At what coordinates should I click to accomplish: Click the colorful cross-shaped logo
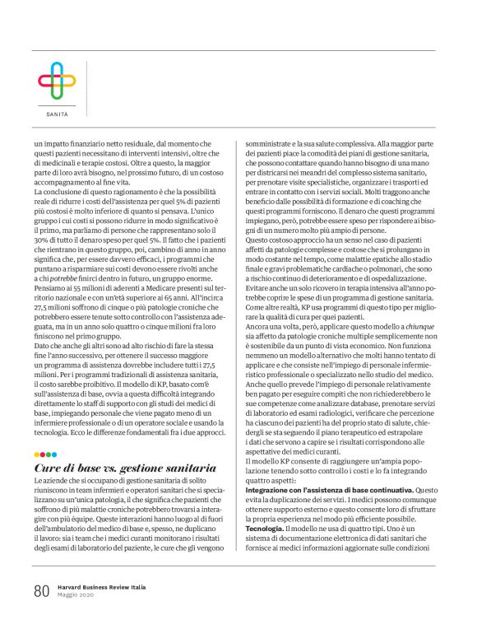pos(56,81)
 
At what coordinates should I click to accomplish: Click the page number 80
pos(42,590)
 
